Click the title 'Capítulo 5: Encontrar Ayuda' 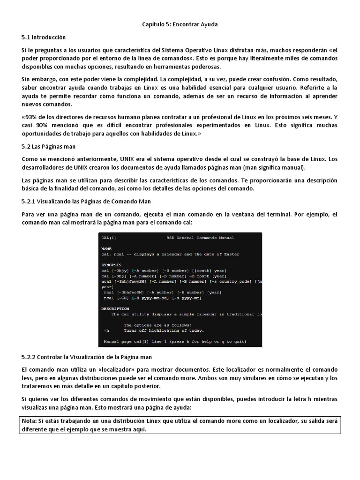click(x=180, y=23)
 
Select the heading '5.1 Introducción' click(x=44, y=37)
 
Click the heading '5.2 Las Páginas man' click(x=48, y=146)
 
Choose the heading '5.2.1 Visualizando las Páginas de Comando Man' click(x=86, y=201)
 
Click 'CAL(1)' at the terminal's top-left click(x=109, y=238)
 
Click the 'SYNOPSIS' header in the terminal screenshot click(x=111, y=265)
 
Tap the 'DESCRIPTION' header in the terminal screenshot click(x=115, y=308)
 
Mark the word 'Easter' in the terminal click(x=231, y=254)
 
